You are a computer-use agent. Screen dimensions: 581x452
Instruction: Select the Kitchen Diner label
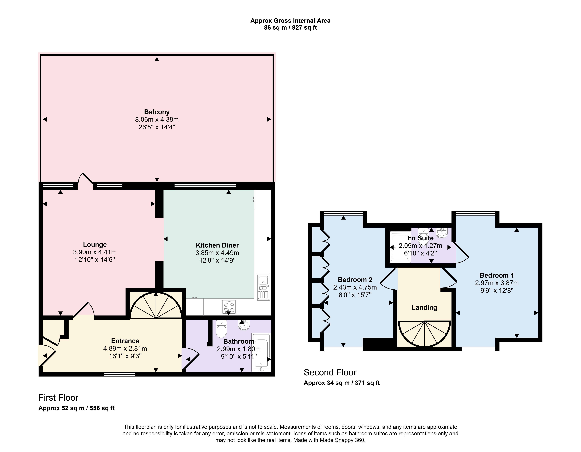point(217,245)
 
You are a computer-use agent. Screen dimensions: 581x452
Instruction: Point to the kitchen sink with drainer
point(263,287)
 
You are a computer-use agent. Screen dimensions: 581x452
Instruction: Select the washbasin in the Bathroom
point(244,325)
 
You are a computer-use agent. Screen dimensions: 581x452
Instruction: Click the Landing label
point(424,307)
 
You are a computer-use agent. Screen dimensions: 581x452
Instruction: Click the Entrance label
point(125,341)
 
